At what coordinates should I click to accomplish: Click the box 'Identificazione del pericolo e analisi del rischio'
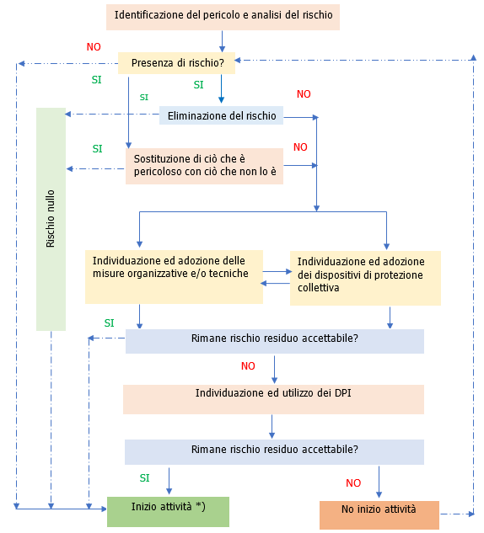(x=223, y=16)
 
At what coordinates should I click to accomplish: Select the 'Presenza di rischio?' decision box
(x=176, y=63)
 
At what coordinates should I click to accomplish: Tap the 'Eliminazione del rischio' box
(x=221, y=116)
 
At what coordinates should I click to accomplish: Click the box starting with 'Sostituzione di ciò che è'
(x=204, y=166)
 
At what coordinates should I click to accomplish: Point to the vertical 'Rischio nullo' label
(x=51, y=219)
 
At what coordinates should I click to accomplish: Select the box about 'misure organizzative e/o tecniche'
(x=174, y=276)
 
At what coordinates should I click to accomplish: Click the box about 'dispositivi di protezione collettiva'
(x=364, y=278)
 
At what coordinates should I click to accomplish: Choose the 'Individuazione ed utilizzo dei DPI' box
(x=272, y=399)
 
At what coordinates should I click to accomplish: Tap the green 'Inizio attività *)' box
(x=168, y=511)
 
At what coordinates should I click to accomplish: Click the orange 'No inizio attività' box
(x=379, y=514)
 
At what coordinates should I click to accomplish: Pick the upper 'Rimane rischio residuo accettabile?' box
(x=274, y=340)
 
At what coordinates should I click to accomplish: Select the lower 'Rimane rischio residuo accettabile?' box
(x=274, y=451)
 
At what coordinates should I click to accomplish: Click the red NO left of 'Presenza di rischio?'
(x=94, y=46)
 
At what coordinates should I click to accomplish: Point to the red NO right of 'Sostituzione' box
(x=300, y=147)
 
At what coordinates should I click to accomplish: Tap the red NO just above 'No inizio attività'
(x=353, y=483)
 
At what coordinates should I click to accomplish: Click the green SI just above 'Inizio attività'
(x=144, y=477)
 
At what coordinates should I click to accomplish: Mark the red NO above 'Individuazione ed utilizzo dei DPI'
(x=248, y=366)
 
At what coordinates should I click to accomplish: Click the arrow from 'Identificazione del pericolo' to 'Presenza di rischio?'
(x=222, y=40)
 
